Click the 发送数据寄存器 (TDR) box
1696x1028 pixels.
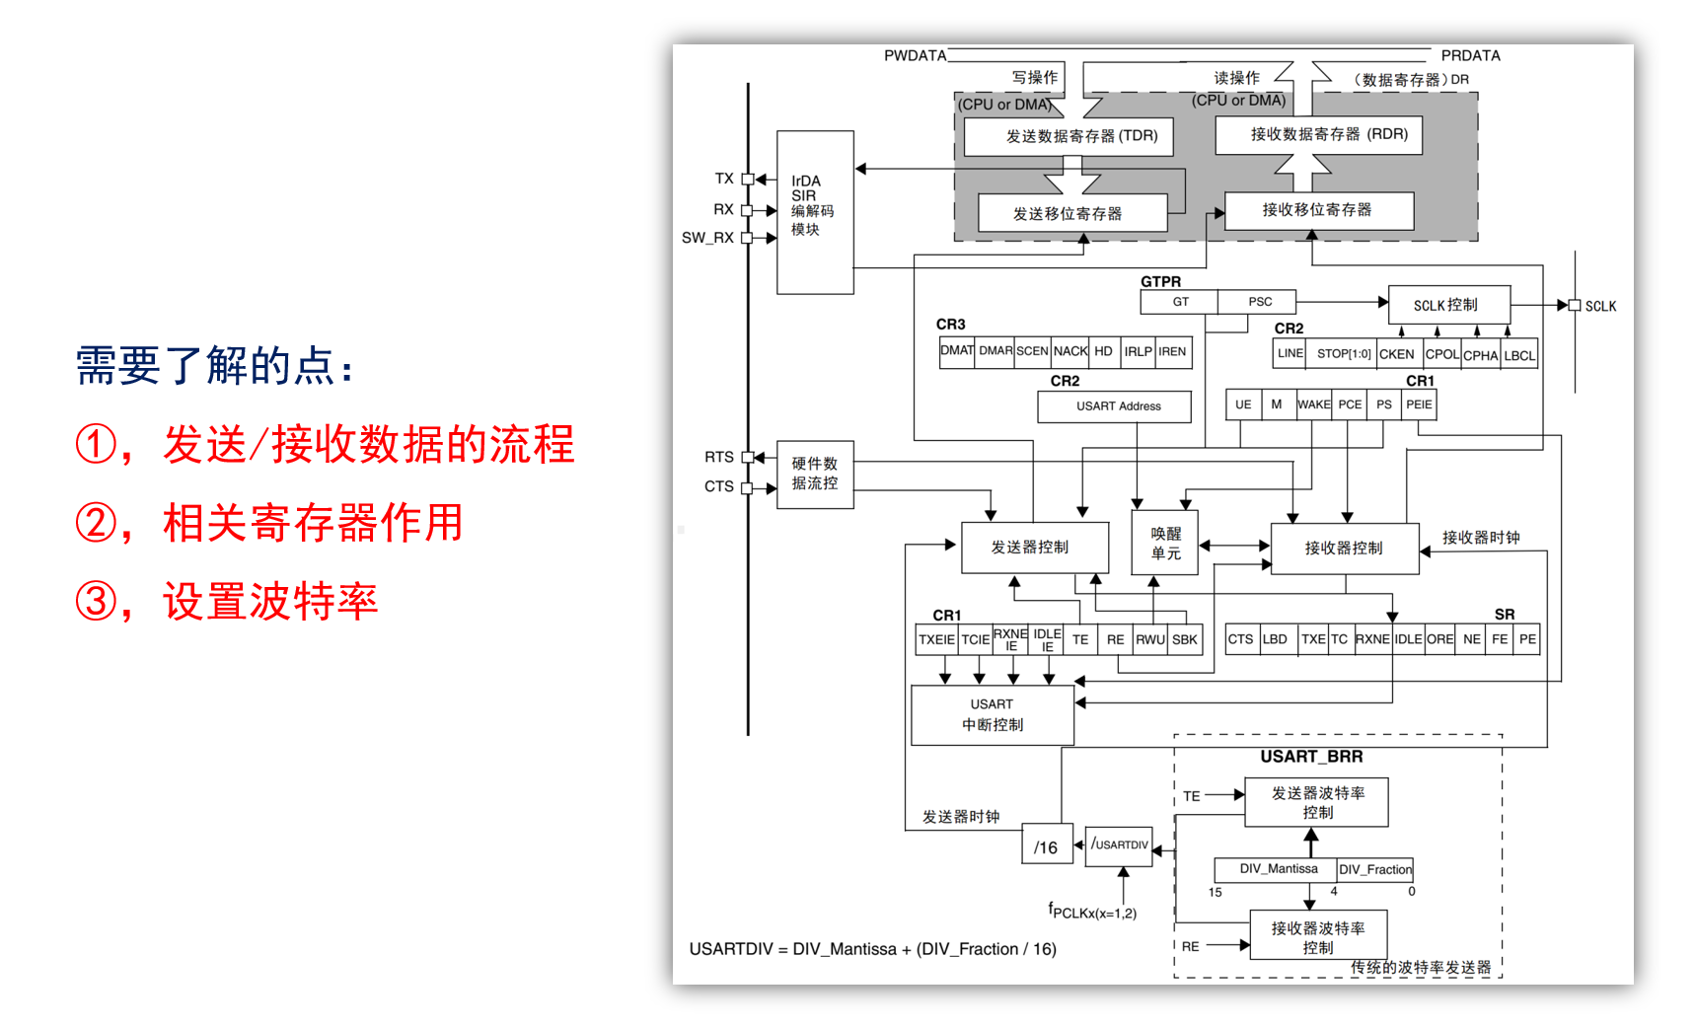click(x=1068, y=136)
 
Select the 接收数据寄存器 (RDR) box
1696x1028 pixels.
click(x=1318, y=134)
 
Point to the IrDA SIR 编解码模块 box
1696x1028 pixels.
click(x=815, y=211)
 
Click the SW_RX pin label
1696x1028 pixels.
click(x=707, y=238)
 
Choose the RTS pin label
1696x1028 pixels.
click(x=718, y=457)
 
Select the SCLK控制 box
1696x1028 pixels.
click(x=1447, y=305)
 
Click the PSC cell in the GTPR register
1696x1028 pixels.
click(x=1259, y=302)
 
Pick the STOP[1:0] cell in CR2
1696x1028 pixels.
click(x=1343, y=354)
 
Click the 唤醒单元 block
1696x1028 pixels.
click(x=1165, y=543)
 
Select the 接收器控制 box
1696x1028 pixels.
click(x=1344, y=549)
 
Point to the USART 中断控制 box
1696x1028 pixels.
click(x=992, y=715)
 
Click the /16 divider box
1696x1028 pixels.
click(x=1046, y=846)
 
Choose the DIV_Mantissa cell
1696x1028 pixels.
click(x=1278, y=869)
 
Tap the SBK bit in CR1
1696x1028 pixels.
click(x=1184, y=639)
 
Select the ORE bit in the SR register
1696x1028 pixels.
click(x=1439, y=639)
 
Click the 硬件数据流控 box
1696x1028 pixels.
click(x=815, y=474)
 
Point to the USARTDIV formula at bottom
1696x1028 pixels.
click(x=872, y=949)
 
